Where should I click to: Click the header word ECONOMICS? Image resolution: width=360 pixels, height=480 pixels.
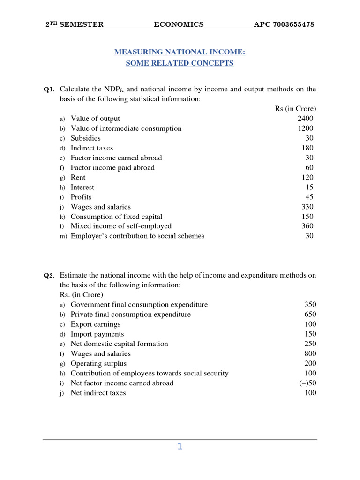click(179, 24)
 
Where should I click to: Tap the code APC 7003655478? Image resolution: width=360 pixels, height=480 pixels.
click(284, 24)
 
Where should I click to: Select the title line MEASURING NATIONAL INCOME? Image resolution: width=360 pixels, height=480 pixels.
click(180, 52)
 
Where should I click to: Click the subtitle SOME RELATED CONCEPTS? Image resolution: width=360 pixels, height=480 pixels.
click(180, 63)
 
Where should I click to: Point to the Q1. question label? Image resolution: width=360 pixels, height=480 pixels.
click(49, 90)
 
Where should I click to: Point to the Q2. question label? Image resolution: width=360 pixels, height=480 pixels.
click(49, 276)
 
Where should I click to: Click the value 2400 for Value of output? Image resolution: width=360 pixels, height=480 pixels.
click(305, 119)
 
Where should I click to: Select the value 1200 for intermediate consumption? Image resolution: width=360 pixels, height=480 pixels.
click(305, 128)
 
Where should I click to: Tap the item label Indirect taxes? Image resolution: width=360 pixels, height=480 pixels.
click(92, 148)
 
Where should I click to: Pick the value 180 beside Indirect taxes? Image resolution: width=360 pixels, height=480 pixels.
click(307, 148)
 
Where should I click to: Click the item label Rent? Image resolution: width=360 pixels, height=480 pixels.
click(78, 178)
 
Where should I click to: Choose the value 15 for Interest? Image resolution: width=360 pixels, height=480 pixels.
click(309, 187)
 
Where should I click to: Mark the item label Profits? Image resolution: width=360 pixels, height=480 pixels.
click(81, 197)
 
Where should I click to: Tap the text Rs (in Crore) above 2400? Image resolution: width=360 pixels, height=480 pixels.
click(295, 109)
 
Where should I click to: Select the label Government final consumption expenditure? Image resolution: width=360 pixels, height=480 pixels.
click(139, 305)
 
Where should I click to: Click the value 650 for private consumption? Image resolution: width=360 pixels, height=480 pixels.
click(310, 315)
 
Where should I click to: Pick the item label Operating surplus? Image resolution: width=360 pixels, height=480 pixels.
click(98, 364)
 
